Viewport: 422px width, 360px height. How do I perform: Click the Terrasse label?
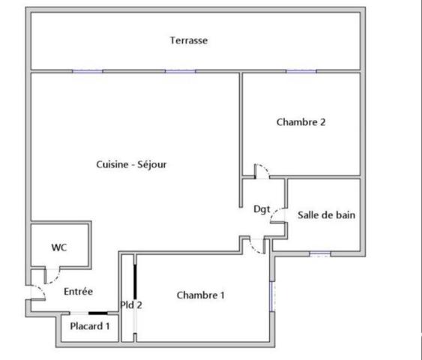(x=188, y=40)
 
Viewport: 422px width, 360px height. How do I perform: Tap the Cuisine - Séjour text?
(x=131, y=165)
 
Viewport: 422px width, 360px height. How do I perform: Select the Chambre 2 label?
(x=301, y=122)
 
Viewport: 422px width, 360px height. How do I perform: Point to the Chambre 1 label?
(x=200, y=295)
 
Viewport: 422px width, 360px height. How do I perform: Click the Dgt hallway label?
(x=262, y=209)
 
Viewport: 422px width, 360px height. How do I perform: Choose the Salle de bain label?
(x=326, y=214)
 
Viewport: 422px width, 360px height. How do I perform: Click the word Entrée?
(x=78, y=292)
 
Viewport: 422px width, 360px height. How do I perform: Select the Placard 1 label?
(x=90, y=326)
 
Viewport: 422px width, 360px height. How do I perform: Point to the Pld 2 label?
(x=131, y=304)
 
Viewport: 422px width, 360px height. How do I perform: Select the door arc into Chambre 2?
(x=262, y=171)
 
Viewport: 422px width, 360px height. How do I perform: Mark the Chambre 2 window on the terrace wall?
(x=301, y=72)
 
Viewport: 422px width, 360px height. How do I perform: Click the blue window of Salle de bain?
(x=319, y=253)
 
